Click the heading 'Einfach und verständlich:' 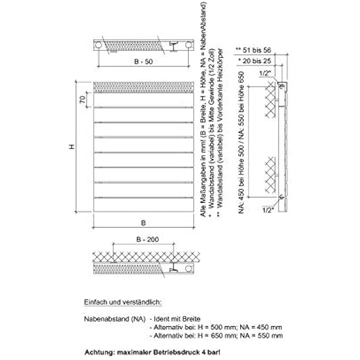pyautogui.click(x=123, y=302)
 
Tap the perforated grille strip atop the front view pyautogui.click(x=143, y=86)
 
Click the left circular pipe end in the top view pyautogui.click(x=98, y=45)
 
